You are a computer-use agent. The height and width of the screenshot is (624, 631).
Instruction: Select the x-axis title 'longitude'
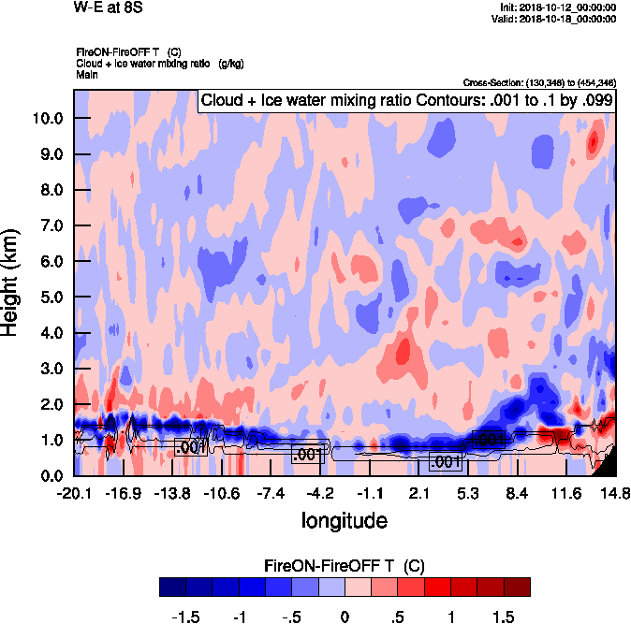click(x=344, y=519)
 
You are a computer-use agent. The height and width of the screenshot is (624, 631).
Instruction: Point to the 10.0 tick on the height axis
click(x=47, y=118)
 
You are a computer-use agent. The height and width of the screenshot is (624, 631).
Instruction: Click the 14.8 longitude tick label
click(x=614, y=493)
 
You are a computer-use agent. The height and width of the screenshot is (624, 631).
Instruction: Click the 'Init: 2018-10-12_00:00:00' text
click(x=559, y=7)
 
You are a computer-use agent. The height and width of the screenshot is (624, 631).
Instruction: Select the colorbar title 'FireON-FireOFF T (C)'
click(x=345, y=566)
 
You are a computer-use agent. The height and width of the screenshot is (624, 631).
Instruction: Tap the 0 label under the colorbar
click(x=345, y=617)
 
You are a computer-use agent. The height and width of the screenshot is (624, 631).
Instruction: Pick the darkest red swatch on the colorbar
click(x=517, y=588)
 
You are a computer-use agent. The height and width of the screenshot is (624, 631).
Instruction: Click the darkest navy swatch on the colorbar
click(x=173, y=588)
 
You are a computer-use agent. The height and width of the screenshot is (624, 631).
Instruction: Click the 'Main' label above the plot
click(x=87, y=73)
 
